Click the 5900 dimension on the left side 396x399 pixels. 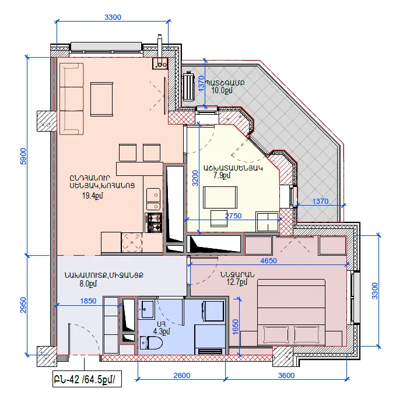pos(23,156)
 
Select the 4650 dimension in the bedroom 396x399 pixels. pos(268,260)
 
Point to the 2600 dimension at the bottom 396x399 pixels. pos(182,375)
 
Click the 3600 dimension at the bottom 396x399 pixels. pos(286,375)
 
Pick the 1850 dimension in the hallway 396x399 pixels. pos(88,301)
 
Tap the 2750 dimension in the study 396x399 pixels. pos(233,216)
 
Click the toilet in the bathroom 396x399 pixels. pos(151,342)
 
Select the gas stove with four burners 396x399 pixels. pos(153,223)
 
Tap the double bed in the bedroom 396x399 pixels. pos(291,312)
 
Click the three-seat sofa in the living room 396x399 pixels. pos(72,99)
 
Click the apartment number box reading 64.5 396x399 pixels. pos(87,379)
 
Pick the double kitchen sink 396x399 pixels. pos(153,199)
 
